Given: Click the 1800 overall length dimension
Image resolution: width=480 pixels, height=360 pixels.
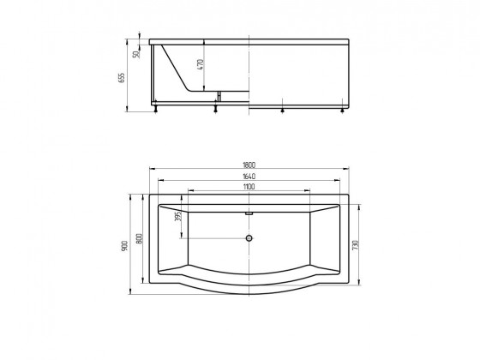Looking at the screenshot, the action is point(249,165).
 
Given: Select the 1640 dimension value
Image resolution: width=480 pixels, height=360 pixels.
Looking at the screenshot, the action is point(249,177).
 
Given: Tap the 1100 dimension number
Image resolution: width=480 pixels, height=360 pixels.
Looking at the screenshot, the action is point(249,187).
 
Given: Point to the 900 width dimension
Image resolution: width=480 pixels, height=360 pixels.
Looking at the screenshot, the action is point(124,246).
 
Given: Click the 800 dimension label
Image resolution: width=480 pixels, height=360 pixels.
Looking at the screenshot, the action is point(139,238).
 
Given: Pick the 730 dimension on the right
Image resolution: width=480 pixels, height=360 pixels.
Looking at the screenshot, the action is point(355,245).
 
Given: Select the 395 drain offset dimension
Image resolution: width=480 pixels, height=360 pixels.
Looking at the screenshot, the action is point(179,215).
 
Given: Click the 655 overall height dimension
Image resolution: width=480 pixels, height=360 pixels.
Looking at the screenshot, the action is point(122,78).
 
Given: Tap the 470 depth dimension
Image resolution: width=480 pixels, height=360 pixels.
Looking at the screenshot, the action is point(201,64).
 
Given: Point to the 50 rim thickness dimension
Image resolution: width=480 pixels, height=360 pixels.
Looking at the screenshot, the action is point(136,54).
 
